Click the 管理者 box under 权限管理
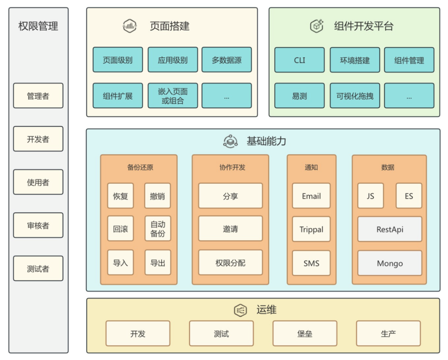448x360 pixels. click(38, 96)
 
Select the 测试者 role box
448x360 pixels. click(38, 269)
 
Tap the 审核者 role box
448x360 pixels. click(38, 226)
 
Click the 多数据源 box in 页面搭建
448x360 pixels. click(226, 60)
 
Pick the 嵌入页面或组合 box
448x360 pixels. click(172, 96)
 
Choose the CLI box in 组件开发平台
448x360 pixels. click(299, 60)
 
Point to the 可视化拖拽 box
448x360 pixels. click(355, 96)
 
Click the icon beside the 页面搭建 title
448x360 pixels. click(130, 26)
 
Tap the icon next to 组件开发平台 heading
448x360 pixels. click(316, 26)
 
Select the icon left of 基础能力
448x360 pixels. click(230, 141)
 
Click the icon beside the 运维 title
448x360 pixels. click(240, 310)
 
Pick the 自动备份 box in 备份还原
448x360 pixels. click(158, 229)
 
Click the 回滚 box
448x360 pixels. click(120, 229)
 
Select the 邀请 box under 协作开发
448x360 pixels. click(230, 229)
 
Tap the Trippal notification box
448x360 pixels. click(311, 230)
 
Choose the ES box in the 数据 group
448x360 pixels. click(409, 196)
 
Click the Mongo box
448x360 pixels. click(390, 263)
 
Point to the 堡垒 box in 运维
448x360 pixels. click(305, 334)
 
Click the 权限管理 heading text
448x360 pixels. click(38, 26)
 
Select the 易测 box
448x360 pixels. click(299, 96)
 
